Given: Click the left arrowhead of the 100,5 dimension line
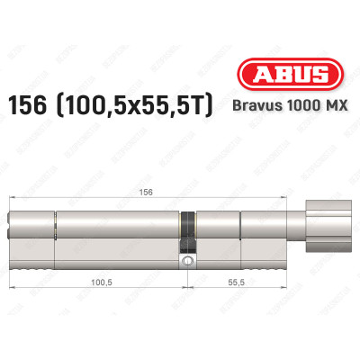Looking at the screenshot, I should [x=12, y=288].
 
